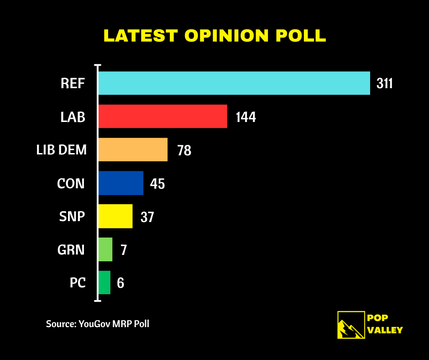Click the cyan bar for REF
click(x=234, y=83)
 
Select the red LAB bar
click(x=162, y=116)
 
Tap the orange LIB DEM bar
click(x=133, y=149)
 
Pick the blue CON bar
click(x=121, y=183)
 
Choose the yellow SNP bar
click(x=115, y=216)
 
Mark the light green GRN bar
click(x=105, y=249)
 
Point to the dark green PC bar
click(x=105, y=283)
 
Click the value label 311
click(x=385, y=84)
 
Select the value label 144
click(x=246, y=117)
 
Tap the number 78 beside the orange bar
click(x=184, y=150)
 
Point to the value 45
click(x=157, y=184)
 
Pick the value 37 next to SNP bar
click(x=147, y=217)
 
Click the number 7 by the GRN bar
click(x=123, y=250)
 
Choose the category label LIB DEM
click(x=62, y=149)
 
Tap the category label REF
click(x=73, y=84)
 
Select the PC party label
click(x=78, y=283)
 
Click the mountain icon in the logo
click(x=351, y=325)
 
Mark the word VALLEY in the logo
click(x=385, y=330)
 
